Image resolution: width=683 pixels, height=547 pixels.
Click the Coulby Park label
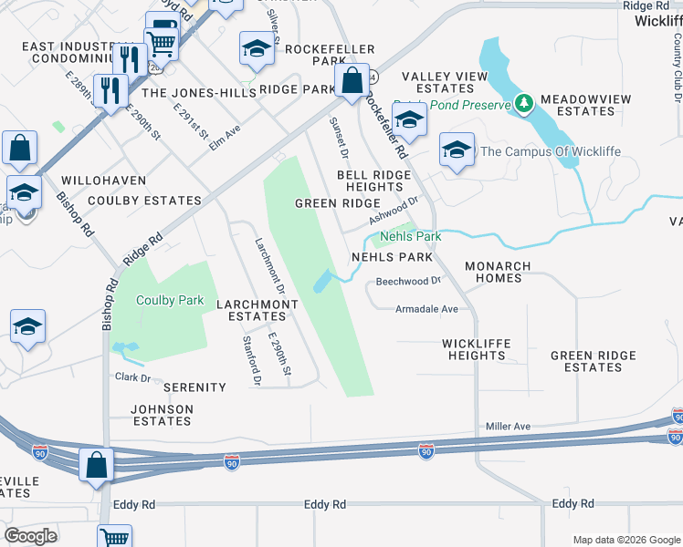tap(169, 299)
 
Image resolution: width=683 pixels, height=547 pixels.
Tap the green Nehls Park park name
tap(410, 236)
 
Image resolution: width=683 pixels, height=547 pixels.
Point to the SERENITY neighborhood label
tap(194, 387)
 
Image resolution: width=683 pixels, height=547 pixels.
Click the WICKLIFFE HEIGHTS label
tap(476, 349)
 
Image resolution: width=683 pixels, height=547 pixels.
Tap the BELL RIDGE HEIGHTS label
tap(369, 180)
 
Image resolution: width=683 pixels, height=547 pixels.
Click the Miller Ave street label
tap(508, 426)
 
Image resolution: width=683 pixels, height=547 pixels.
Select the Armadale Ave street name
tap(426, 309)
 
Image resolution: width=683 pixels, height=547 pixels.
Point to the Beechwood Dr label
tap(408, 281)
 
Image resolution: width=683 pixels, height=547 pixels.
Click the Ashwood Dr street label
tap(393, 214)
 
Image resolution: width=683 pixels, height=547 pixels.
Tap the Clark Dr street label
tap(131, 377)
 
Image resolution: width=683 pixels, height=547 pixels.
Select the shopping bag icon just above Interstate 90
tap(95, 464)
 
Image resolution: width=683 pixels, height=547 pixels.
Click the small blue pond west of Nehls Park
tap(322, 282)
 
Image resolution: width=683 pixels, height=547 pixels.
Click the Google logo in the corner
tap(31, 536)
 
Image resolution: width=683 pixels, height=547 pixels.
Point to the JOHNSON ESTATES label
tap(163, 415)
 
